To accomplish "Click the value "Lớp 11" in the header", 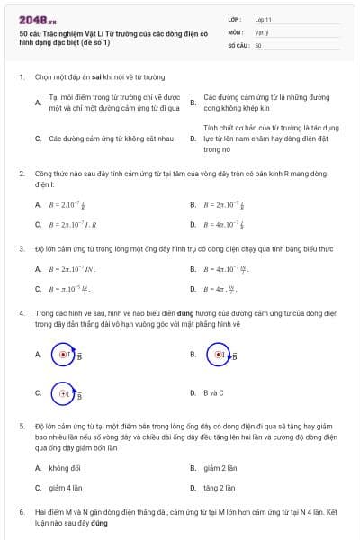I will click(x=264, y=18).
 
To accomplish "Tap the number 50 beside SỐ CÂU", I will click(x=258, y=44).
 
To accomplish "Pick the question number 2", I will click(x=21, y=172).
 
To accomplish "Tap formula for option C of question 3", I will click(x=71, y=289).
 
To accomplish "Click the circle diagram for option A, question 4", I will click(x=65, y=355).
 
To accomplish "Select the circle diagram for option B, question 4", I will click(x=220, y=355).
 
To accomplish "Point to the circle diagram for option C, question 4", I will click(x=65, y=393).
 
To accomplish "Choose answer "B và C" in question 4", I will click(x=213, y=392).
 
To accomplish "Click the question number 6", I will click(x=21, y=511).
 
